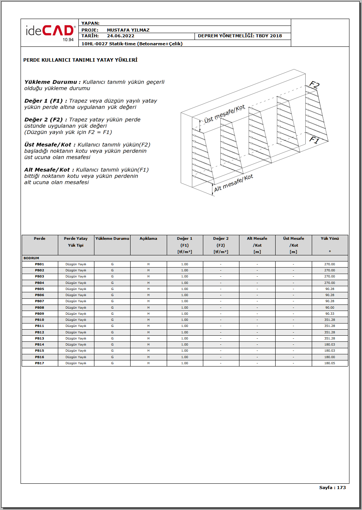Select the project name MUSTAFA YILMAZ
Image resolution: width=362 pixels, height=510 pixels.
(x=128, y=30)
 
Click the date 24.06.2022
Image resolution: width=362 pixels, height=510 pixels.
(x=120, y=36)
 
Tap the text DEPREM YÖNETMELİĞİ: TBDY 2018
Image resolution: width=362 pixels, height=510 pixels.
(x=240, y=36)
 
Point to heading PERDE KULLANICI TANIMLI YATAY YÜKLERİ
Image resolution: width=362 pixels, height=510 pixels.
(x=80, y=60)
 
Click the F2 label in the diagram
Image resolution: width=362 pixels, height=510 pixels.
(x=314, y=85)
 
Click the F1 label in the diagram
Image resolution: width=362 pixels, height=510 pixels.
(x=314, y=140)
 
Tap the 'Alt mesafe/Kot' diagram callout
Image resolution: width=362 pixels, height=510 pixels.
(x=233, y=183)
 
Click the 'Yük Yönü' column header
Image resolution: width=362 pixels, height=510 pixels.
(x=330, y=239)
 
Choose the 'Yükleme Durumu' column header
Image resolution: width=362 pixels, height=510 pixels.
(x=112, y=239)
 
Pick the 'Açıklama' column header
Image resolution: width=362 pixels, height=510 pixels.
(x=148, y=239)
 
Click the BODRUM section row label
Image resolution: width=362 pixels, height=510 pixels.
(x=31, y=258)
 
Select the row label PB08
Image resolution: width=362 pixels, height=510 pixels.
(x=40, y=308)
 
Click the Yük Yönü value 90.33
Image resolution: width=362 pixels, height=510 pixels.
(x=330, y=314)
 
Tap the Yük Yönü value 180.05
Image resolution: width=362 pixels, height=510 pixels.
(x=330, y=363)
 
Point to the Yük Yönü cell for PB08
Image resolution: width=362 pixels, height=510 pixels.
(x=330, y=308)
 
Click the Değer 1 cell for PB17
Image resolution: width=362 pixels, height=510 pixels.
(x=185, y=363)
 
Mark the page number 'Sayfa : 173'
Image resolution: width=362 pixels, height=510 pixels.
(x=332, y=488)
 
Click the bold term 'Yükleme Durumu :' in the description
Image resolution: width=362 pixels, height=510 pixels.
(x=53, y=82)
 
